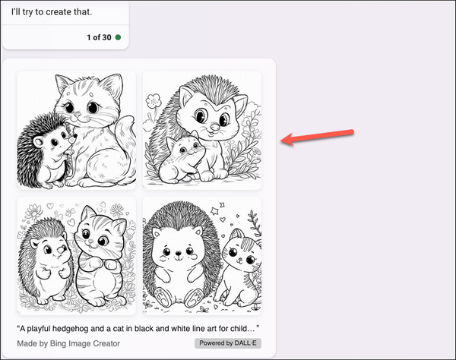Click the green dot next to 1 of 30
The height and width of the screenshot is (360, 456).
tap(118, 36)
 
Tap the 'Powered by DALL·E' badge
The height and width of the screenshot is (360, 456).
tap(227, 343)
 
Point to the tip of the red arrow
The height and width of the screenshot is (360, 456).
tap(283, 140)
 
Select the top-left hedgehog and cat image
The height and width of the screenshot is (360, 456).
tap(77, 130)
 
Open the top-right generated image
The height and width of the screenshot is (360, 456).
tap(202, 130)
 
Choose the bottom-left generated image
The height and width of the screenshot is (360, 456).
tap(77, 255)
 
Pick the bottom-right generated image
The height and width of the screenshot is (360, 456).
tap(202, 255)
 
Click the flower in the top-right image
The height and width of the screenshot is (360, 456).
tap(155, 99)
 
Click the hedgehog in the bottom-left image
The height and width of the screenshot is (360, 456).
tap(49, 266)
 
